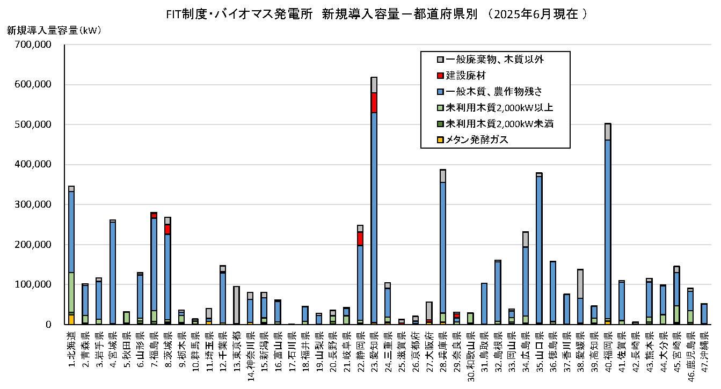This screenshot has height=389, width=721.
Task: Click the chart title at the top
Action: pyautogui.click(x=376, y=14)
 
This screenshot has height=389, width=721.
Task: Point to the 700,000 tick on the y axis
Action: pyautogui.click(x=34, y=45)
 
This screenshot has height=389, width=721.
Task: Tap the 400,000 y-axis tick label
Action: pyautogui.click(x=34, y=165)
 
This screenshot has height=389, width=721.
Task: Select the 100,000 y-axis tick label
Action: pyautogui.click(x=34, y=284)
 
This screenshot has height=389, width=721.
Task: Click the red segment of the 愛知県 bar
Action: pyautogui.click(x=374, y=102)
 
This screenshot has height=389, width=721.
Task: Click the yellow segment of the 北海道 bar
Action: pyautogui.click(x=71, y=319)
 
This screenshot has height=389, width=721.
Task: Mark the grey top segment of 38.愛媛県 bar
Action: pyautogui.click(x=580, y=284)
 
